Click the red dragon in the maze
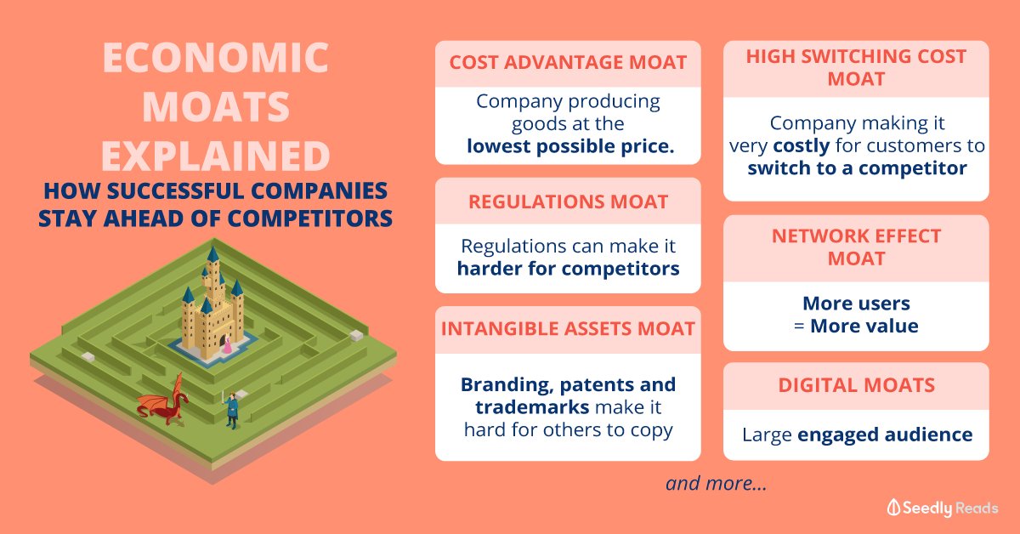click(x=165, y=400)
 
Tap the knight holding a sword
click(x=230, y=409)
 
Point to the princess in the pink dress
click(x=227, y=344)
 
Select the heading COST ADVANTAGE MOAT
click(x=568, y=63)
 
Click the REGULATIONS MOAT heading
click(x=568, y=202)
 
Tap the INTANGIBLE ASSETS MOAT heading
click(x=568, y=329)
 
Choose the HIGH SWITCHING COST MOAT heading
click(x=856, y=67)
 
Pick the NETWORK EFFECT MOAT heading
click(x=856, y=247)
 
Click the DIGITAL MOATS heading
click(x=856, y=385)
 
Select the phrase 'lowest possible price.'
click(x=569, y=146)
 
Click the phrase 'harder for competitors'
click(x=568, y=270)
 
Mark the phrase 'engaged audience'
click(x=885, y=435)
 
